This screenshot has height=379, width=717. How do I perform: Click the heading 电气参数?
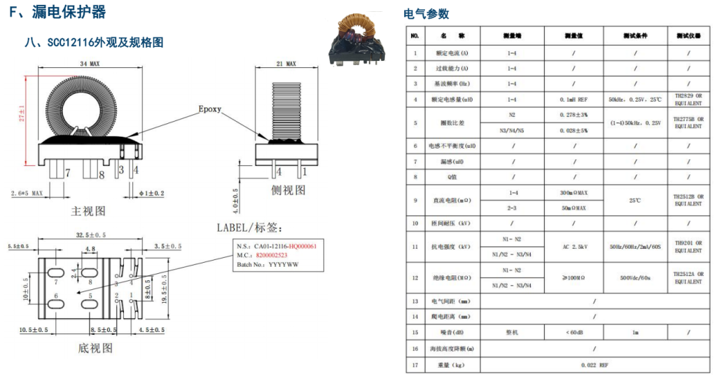point(426,14)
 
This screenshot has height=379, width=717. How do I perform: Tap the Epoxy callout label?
point(210,109)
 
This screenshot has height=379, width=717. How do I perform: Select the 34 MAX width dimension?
point(89,64)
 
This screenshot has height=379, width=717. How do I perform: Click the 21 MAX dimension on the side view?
point(286,64)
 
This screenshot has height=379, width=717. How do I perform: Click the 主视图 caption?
point(88,210)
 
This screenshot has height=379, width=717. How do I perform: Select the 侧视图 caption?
point(288,190)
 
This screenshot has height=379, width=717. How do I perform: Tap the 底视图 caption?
point(95,348)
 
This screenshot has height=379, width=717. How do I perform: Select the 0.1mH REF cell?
point(573,99)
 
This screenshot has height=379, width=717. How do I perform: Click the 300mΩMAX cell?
point(573,192)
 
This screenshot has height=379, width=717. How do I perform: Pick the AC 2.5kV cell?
point(573,247)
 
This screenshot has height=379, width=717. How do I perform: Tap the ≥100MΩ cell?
point(573,278)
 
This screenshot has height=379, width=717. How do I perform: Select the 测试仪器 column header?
point(688,35)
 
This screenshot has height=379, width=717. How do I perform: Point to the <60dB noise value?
point(573,332)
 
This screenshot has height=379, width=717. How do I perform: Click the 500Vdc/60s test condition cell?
point(634,278)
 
